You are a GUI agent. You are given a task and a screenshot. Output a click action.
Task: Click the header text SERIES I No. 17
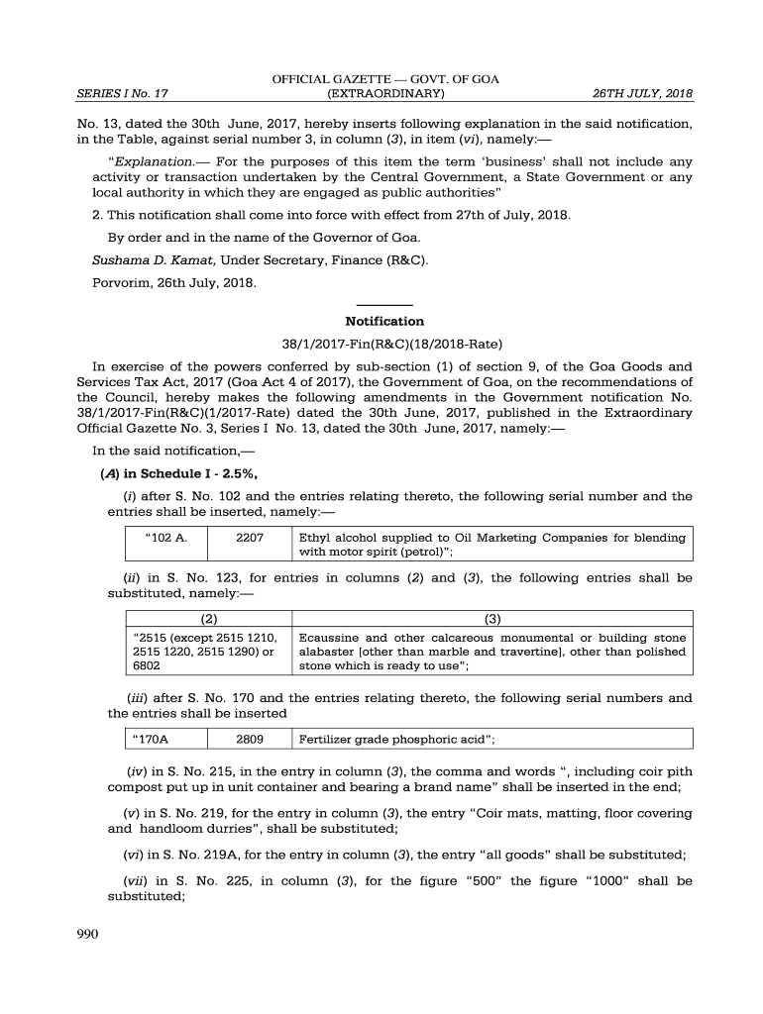point(122,94)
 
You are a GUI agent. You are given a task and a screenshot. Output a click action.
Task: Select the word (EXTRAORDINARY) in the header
point(385,94)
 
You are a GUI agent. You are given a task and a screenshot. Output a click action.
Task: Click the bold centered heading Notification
point(384,321)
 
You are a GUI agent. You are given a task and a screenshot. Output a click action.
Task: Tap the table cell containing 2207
point(250,538)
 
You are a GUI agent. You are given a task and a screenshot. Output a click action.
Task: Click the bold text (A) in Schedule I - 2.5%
point(179,472)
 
